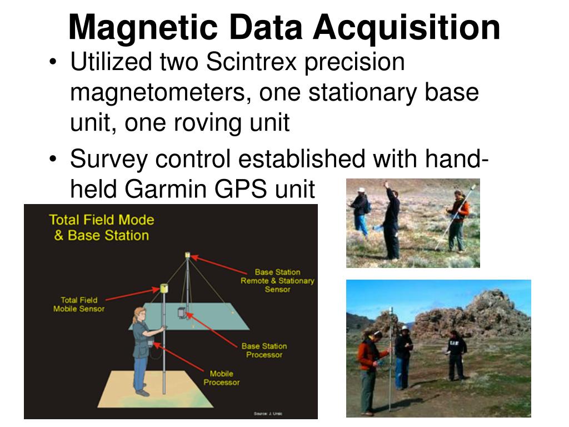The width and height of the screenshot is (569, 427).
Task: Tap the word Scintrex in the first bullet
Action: click(x=253, y=62)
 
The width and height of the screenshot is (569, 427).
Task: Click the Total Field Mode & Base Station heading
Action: click(x=101, y=227)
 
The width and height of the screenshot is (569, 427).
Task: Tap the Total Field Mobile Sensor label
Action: click(x=78, y=304)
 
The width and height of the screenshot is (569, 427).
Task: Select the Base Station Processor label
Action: click(x=264, y=350)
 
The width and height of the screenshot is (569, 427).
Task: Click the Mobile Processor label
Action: click(x=221, y=378)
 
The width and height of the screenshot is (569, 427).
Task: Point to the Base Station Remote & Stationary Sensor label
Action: click(x=277, y=281)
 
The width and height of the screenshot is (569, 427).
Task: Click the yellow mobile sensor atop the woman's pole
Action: click(x=164, y=288)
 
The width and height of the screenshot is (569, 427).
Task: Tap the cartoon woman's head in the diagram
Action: click(x=139, y=315)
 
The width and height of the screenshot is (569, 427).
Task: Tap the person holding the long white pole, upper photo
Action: click(x=458, y=220)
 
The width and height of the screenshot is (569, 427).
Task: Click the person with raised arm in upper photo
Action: click(x=391, y=220)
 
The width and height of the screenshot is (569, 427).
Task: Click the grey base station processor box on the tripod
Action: click(x=182, y=313)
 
